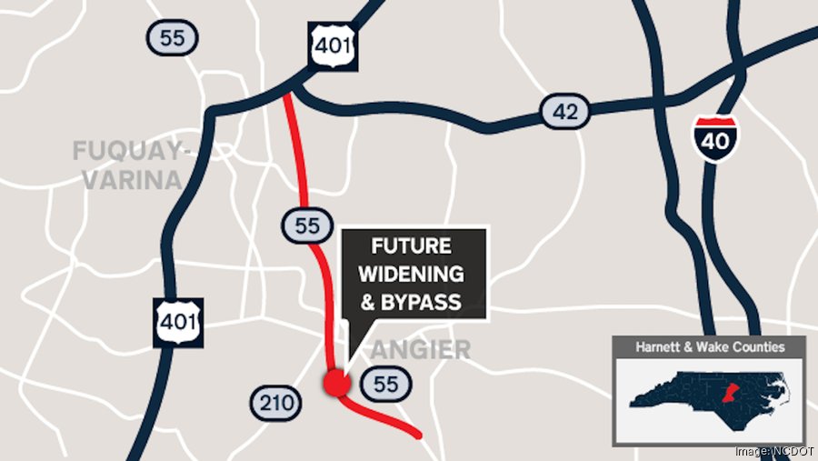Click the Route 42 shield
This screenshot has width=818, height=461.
564,112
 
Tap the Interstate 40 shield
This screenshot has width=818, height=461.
713,137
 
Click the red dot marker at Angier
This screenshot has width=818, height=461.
336,383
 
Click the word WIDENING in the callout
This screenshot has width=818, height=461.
413,274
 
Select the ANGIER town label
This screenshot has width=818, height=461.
420,348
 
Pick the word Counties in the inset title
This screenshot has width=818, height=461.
753,346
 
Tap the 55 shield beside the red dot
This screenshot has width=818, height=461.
385,384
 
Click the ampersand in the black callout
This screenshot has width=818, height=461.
368,301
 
